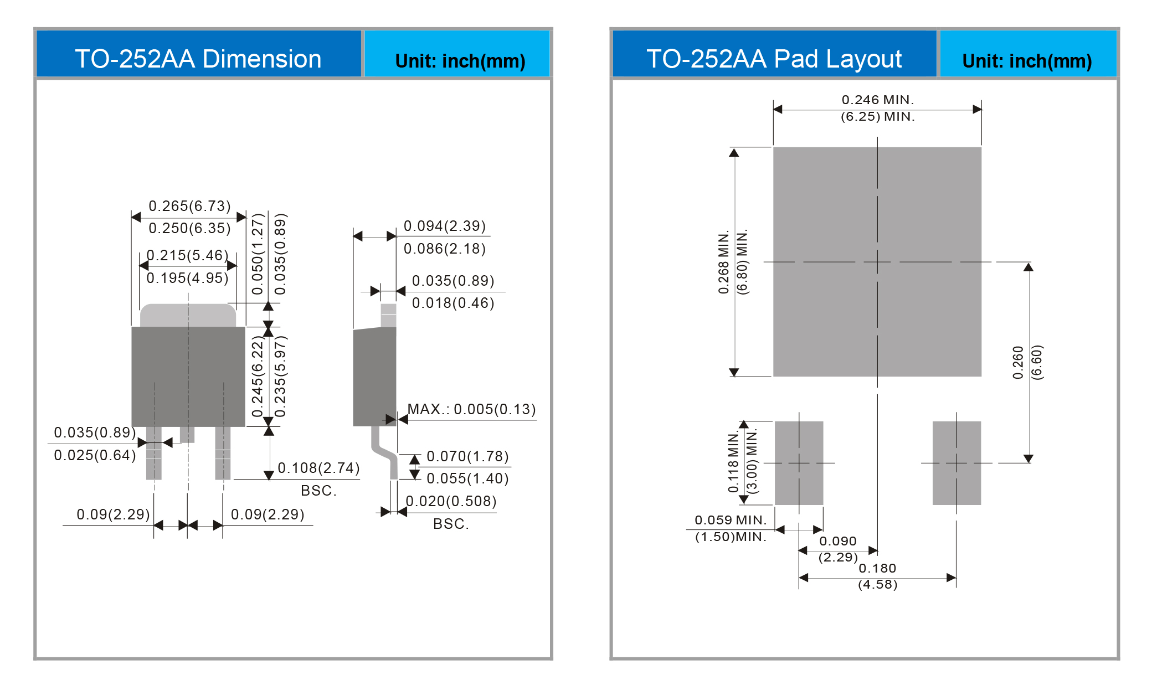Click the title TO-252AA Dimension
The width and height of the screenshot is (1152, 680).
pos(198,59)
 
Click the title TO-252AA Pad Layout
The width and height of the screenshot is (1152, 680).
pos(774,59)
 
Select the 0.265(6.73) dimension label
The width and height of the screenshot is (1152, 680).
pos(189,206)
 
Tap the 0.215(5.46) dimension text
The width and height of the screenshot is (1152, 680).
pos(187,255)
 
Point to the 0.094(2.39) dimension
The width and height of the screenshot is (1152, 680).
pos(445,226)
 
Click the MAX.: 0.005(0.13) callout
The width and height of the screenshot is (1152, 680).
pos(472,409)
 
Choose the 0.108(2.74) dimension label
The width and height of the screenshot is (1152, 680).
pos(318,468)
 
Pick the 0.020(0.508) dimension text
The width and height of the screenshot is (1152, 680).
pos(451,501)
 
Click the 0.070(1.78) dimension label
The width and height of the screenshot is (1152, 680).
pos(467,456)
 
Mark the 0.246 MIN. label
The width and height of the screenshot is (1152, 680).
pos(878,100)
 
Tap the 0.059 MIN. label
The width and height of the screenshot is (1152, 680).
pos(731,520)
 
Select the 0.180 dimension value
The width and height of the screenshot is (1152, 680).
pos(877,568)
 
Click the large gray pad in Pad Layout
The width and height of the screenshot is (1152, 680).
pos(877,262)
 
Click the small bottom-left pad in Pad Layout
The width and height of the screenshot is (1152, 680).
pos(799,463)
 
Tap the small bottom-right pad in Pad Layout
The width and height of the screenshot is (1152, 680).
pos(956,463)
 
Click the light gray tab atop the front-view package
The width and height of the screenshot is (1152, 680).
pos(188,315)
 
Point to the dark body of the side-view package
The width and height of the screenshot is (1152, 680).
pos(374,377)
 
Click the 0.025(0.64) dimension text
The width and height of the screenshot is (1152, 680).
pos(95,455)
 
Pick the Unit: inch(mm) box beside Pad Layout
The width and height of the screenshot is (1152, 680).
pos(1028,54)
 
